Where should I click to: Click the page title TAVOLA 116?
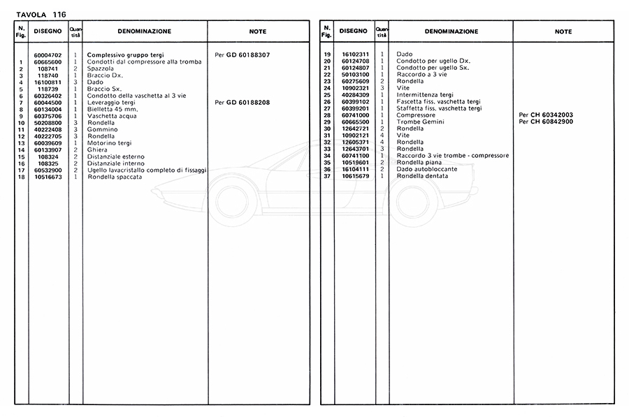tap(36, 14)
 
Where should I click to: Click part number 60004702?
tap(48, 54)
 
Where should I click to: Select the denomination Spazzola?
tap(99, 68)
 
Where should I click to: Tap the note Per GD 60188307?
tap(243, 54)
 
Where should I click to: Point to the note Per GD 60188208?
tap(243, 103)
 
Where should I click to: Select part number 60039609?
tap(48, 143)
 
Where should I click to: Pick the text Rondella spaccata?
tap(115, 177)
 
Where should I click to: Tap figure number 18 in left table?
tap(22, 177)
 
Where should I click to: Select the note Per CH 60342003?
tap(546, 115)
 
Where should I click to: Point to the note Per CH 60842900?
tap(546, 122)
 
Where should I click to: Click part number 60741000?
tap(355, 115)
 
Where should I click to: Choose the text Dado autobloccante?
tap(427, 169)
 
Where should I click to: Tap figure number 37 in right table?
tap(326, 176)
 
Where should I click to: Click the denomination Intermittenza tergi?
tap(425, 94)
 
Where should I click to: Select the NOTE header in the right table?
tap(563, 31)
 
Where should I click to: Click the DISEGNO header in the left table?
tap(48, 31)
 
